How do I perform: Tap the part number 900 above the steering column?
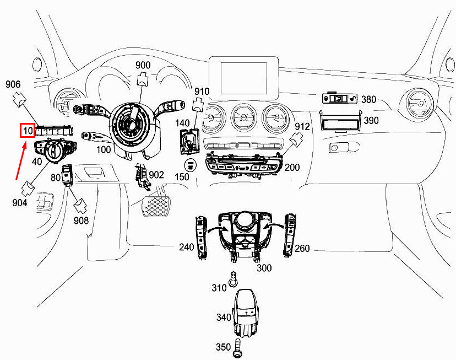point(143,66)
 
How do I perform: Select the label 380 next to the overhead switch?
point(368,100)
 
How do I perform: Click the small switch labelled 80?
point(69,175)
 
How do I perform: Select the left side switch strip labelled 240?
point(201,237)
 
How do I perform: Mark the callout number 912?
point(302,127)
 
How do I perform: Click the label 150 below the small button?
point(182,177)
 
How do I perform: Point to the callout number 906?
point(13,84)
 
